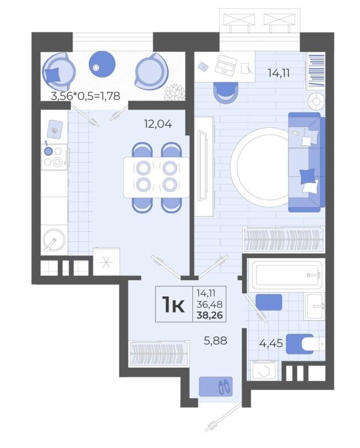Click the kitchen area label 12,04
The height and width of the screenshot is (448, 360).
click(158, 124)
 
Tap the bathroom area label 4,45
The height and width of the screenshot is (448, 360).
click(271, 343)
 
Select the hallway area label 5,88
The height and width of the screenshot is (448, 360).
click(216, 340)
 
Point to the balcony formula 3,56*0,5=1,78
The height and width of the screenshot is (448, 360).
click(85, 96)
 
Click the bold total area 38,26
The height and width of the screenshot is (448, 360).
click(209, 316)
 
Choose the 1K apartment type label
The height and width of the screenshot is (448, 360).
click(173, 305)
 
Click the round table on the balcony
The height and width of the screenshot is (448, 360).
click(102, 64)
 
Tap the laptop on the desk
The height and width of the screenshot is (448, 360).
click(226, 65)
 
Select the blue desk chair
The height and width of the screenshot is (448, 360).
click(226, 92)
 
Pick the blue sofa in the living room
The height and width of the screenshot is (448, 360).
click(307, 162)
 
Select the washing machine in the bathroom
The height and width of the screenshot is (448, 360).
click(264, 370)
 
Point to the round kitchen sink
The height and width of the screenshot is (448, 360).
click(54, 239)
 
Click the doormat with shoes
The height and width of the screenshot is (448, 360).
click(216, 387)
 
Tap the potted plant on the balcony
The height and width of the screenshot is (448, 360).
click(175, 92)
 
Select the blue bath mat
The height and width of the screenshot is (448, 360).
click(268, 302)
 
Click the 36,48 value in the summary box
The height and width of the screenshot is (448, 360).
click(209, 304)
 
